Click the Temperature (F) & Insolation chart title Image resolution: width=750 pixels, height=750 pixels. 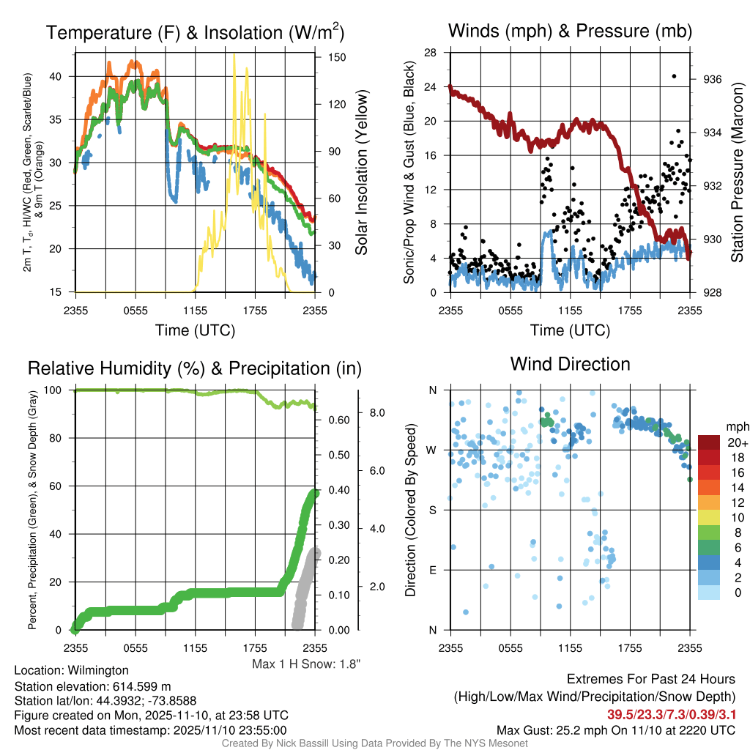point(195,32)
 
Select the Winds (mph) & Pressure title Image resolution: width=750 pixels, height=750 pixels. point(570,31)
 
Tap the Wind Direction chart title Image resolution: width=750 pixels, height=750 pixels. point(570,363)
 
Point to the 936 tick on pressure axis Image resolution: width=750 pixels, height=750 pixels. point(713,79)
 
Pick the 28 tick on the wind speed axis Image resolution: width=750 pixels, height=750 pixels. point(431,53)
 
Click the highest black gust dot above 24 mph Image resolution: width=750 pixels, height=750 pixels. point(674,76)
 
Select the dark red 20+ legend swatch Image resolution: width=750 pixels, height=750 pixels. point(710,442)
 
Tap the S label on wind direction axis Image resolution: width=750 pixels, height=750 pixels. point(432,510)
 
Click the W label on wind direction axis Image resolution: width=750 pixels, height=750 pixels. point(431,450)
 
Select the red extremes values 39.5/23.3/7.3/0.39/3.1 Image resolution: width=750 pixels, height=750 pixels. point(671,714)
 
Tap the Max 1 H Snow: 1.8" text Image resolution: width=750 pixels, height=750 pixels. point(306,664)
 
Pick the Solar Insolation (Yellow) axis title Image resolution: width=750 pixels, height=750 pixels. point(361,173)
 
